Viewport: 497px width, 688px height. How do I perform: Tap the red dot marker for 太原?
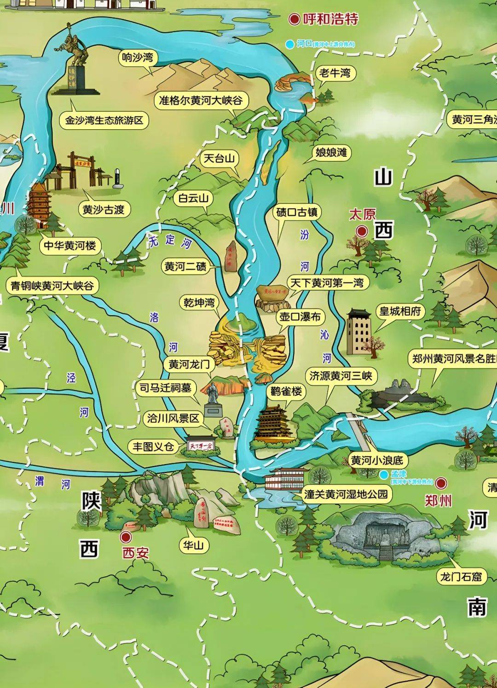pyautogui.click(x=362, y=231)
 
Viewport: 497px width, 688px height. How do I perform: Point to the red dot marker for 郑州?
pyautogui.click(x=441, y=482)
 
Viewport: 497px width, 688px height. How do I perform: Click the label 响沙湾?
pyautogui.click(x=137, y=58)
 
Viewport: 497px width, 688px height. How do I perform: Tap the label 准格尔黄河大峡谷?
pyautogui.click(x=201, y=100)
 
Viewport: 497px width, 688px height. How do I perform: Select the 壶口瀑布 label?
pyautogui.click(x=301, y=317)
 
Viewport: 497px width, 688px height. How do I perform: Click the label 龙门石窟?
pyautogui.click(x=461, y=577)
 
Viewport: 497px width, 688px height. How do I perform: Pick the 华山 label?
pyautogui.click(x=193, y=545)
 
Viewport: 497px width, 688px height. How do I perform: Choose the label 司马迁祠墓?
pyautogui.click(x=165, y=388)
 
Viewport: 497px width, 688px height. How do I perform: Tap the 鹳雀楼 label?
pyautogui.click(x=286, y=391)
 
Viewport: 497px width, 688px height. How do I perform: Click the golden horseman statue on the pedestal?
pyautogui.click(x=77, y=48)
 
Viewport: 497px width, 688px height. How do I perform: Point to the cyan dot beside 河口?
pyautogui.click(x=289, y=44)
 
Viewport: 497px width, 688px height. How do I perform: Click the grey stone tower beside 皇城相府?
pyautogui.click(x=359, y=331)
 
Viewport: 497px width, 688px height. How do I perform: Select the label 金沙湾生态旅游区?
pyautogui.click(x=104, y=120)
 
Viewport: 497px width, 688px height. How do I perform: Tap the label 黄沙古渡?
pyautogui.click(x=104, y=210)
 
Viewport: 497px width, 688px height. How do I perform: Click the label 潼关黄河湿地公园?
pyautogui.click(x=346, y=494)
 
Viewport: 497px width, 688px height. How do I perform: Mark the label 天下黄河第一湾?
pyautogui.click(x=326, y=283)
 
